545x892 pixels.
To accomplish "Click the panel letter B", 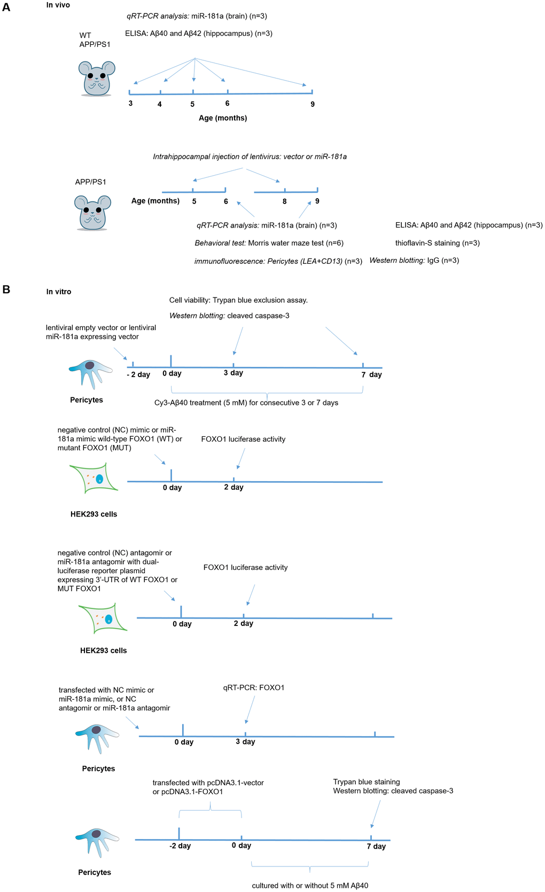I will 6,289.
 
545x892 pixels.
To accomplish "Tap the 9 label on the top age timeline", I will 313,104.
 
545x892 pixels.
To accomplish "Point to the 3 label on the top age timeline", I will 130,103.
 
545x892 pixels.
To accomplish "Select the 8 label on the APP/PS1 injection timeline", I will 284,201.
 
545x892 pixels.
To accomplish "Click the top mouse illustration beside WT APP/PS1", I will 96,78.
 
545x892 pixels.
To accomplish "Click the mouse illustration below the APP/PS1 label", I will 92,212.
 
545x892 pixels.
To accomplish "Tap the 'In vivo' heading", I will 58,5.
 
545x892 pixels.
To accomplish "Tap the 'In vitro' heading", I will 58,292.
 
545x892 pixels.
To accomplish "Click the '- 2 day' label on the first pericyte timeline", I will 138,374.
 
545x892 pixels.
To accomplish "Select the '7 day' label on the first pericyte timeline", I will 371,374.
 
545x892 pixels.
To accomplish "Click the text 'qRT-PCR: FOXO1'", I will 254,687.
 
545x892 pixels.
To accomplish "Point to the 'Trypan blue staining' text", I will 367,781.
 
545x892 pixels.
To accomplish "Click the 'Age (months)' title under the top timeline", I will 223,118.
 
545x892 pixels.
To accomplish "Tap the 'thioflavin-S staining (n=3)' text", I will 437,243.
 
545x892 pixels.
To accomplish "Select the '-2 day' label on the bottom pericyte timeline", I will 180,846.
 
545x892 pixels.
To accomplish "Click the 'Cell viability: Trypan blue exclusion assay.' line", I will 238,300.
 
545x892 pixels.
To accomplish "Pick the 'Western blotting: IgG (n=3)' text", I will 414,261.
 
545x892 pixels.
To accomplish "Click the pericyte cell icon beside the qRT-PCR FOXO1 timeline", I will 97,738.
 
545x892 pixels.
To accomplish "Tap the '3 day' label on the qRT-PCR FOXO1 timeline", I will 245,741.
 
